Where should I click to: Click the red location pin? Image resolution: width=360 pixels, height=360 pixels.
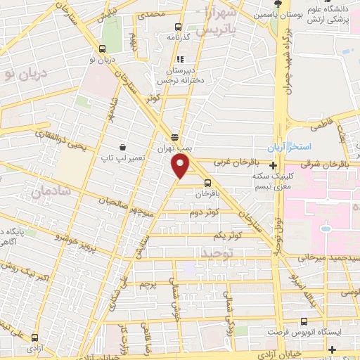[181, 166]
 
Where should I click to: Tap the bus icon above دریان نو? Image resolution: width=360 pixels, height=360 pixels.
[104, 49]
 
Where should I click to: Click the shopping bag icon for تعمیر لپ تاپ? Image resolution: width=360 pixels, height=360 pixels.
[124, 148]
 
